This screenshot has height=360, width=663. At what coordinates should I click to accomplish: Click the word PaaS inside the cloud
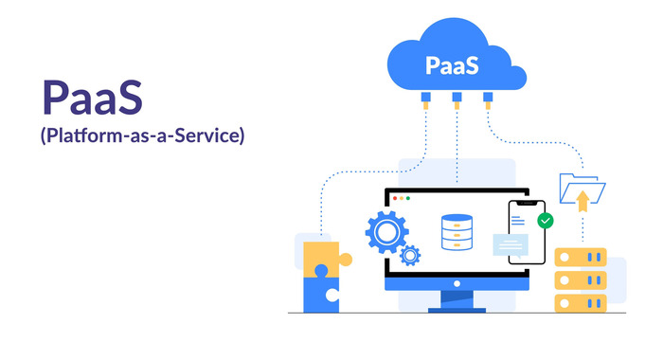tap(452, 66)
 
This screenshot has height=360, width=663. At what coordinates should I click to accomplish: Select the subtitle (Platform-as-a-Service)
tap(142, 136)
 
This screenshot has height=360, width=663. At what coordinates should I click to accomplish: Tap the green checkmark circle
tap(545, 221)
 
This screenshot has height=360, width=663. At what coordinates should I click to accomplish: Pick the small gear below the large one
tap(410, 255)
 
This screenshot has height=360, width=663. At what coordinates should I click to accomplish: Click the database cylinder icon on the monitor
tap(457, 232)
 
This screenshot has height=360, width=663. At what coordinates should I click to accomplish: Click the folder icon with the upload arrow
tap(581, 190)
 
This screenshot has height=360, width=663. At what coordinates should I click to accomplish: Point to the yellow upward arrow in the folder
tap(583, 197)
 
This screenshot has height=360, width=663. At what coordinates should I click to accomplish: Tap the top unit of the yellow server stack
tap(580, 258)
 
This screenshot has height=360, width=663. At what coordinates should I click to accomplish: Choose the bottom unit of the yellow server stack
tap(580, 302)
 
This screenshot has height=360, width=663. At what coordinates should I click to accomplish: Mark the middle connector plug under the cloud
tap(457, 97)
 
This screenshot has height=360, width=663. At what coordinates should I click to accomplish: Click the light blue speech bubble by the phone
tap(511, 244)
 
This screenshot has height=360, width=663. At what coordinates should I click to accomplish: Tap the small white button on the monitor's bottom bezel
tap(457, 284)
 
